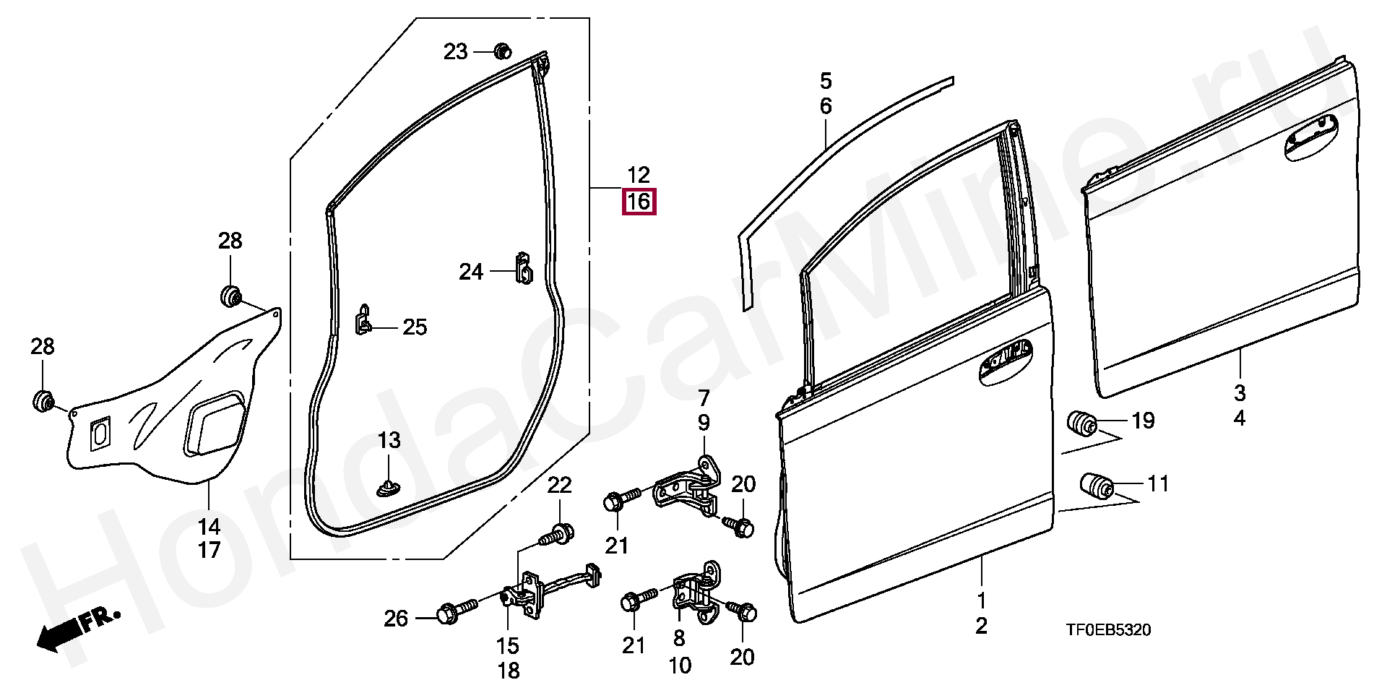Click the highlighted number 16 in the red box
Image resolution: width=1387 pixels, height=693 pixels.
[x=639, y=202]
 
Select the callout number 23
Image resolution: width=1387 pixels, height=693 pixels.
[x=456, y=52]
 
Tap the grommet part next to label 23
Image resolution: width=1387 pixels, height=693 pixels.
[x=501, y=51]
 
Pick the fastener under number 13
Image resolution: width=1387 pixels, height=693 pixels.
[x=389, y=488]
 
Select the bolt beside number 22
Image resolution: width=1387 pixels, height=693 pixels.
[x=558, y=535]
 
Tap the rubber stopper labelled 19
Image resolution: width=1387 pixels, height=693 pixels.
[x=1082, y=423]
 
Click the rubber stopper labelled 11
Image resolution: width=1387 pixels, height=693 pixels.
[x=1095, y=485]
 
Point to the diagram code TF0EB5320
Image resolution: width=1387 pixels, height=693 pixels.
[x=1108, y=631]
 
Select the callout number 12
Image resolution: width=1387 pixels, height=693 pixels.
[x=639, y=175]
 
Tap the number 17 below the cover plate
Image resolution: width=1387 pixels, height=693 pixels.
[x=209, y=550]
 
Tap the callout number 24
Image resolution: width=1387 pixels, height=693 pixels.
[x=471, y=272]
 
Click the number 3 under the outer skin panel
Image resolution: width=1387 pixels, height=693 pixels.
[x=1240, y=394]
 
